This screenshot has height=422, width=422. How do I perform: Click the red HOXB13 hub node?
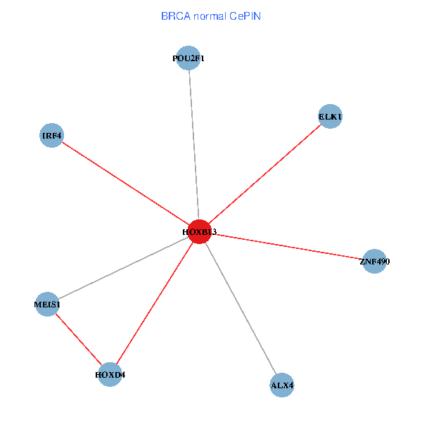point(200,232)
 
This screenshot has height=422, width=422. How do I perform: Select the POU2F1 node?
point(188,58)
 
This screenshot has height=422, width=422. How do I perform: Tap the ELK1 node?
point(330,116)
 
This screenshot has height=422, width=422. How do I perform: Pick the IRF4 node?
point(52,135)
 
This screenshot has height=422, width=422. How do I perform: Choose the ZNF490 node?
point(374,262)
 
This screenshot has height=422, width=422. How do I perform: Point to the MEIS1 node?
point(47,305)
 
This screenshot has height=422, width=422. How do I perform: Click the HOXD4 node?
point(110,375)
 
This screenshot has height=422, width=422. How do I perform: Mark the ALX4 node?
point(281,385)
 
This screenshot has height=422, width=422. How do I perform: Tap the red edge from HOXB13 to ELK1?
point(265,174)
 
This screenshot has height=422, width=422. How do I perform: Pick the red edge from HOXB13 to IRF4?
point(127,184)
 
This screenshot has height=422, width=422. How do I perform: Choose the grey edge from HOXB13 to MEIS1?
point(123,268)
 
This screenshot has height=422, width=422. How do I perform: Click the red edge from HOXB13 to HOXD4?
point(155,303)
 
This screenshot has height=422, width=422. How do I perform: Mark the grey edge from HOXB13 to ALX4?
point(241,309)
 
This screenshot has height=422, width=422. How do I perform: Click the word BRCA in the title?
point(175,15)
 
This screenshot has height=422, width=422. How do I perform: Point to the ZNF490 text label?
point(374,262)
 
